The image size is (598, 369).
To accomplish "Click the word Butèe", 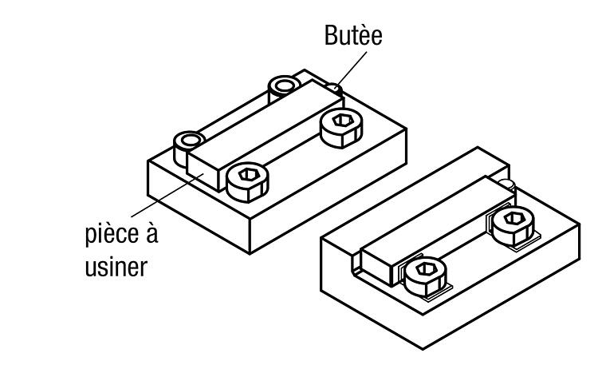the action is click(x=353, y=35).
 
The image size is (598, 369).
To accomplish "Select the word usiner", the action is click(x=116, y=267).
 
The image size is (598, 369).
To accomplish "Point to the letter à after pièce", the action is click(x=151, y=232).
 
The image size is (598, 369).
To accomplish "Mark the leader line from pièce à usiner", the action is click(x=167, y=195).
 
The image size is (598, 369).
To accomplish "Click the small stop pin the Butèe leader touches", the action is click(x=334, y=89).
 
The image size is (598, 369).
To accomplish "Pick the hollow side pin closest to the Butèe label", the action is click(x=283, y=88).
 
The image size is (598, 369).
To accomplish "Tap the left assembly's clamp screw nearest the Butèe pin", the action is click(x=341, y=128).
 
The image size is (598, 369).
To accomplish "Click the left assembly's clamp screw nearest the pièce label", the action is click(x=247, y=182).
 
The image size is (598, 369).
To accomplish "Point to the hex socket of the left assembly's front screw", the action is click(x=249, y=175).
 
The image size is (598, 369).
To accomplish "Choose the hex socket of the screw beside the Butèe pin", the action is click(x=342, y=121).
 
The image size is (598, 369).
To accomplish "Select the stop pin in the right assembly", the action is click(x=508, y=184).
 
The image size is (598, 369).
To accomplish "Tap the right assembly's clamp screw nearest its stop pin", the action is click(x=513, y=225).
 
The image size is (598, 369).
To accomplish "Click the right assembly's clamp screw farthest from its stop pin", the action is click(x=425, y=276).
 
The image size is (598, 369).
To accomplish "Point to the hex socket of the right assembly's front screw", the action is click(x=426, y=269).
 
